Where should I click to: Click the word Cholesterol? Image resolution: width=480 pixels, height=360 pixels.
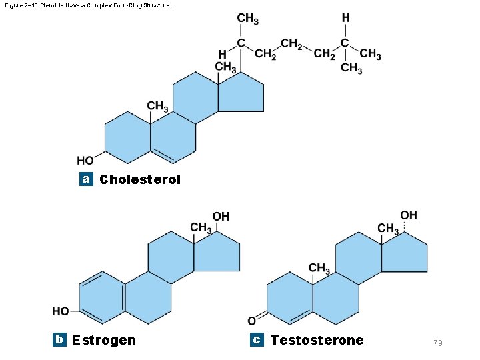tap(140, 180)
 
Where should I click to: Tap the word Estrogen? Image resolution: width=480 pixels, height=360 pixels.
tap(104, 340)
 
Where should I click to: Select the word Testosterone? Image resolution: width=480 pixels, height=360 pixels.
tap(317, 340)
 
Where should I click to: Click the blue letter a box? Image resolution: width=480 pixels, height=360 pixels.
tap(85, 179)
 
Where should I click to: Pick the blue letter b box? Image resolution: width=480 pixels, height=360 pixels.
tap(59, 339)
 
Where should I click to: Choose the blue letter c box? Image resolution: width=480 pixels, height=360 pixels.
tap(256, 339)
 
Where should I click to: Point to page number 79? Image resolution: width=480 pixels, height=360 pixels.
tap(438, 343)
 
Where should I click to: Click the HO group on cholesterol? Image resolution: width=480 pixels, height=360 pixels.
tap(85, 161)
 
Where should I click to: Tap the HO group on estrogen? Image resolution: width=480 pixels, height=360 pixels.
tap(61, 311)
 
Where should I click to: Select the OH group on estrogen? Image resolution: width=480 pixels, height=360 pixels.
tap(221, 217)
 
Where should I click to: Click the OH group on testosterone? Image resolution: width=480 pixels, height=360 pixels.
tap(409, 215)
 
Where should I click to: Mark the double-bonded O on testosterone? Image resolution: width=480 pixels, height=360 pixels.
tap(251, 320)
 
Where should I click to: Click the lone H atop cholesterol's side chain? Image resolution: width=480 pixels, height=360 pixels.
tap(345, 18)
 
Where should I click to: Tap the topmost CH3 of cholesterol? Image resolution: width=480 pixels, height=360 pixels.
tap(247, 19)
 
